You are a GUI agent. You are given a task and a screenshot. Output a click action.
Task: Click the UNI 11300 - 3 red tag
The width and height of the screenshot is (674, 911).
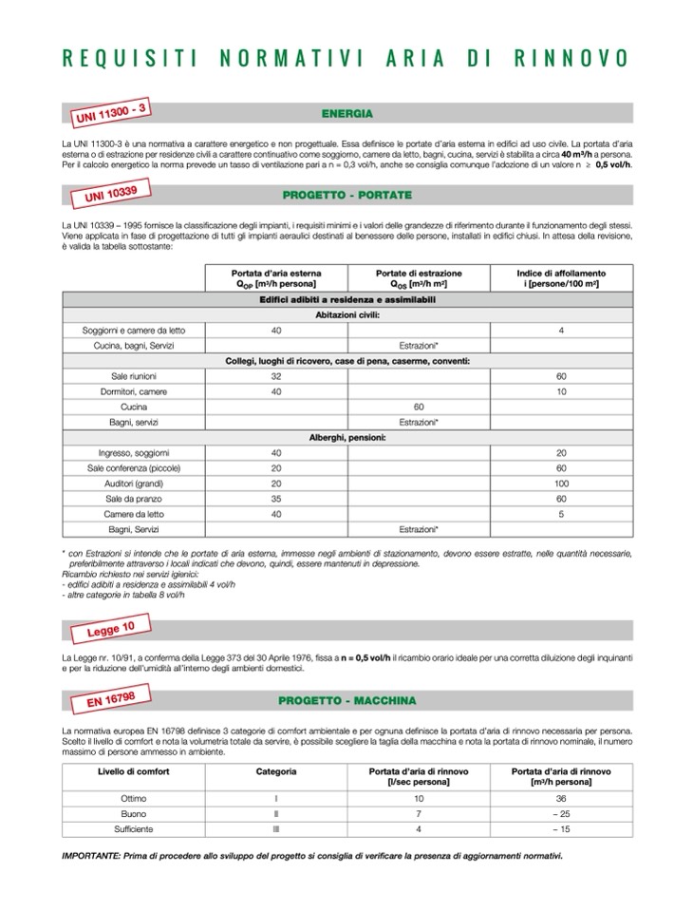pos(109,116)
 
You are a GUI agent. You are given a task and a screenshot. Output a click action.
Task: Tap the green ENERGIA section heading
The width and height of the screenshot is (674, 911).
pos(346,113)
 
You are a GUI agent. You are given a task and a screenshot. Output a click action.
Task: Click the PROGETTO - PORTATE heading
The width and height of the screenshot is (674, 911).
pos(346,195)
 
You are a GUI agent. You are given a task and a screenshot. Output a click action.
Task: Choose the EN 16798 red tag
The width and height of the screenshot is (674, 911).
pos(107,702)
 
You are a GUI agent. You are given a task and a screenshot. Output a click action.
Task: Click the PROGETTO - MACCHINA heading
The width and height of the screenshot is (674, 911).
pos(346,701)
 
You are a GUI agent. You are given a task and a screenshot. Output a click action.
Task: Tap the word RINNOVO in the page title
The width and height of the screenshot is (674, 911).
pos(571,58)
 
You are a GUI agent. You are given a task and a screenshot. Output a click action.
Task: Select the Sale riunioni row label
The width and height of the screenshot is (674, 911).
pos(133,376)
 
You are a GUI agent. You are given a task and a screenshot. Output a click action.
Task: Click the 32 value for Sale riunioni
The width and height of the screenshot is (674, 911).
pos(276,376)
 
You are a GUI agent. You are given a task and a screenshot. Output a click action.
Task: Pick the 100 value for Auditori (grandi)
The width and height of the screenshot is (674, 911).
pos(561,484)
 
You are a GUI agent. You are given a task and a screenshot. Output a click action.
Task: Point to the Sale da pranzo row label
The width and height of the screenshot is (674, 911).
pos(133,499)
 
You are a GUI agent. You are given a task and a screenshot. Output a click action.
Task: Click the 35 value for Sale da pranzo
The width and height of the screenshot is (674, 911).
pos(276,499)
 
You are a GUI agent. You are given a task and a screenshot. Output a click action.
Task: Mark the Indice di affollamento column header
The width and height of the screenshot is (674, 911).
pos(561,277)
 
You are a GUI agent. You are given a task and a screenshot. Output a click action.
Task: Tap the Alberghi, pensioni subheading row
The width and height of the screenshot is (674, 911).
pos(347,437)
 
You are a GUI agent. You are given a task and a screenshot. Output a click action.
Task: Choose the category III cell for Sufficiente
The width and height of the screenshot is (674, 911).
pos(275,828)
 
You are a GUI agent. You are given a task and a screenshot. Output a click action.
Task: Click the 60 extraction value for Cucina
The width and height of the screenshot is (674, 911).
pos(419,407)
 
